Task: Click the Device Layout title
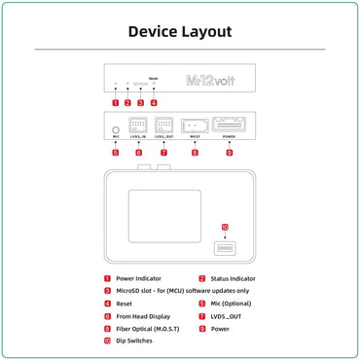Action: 180,31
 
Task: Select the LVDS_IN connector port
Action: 138,126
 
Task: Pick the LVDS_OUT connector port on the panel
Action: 163,126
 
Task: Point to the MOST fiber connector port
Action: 195,126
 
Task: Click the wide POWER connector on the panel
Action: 230,126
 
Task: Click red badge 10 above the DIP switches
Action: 226,228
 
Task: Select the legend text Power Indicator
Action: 140,279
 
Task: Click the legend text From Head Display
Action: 142,316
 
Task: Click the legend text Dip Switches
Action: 134,342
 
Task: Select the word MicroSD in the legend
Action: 128,291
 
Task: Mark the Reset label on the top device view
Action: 153,77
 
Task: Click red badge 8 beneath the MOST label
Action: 195,153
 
